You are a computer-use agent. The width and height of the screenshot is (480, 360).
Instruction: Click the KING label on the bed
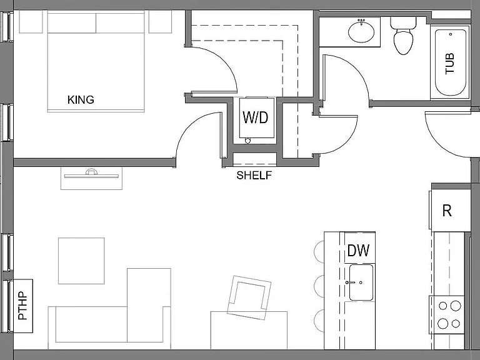click(81, 100)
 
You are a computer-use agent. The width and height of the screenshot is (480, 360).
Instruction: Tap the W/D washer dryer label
click(255, 117)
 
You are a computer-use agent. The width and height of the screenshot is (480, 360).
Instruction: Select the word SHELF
click(254, 176)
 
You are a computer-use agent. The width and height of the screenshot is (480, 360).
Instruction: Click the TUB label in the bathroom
click(450, 64)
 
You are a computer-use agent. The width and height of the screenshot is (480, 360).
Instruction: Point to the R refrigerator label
click(447, 211)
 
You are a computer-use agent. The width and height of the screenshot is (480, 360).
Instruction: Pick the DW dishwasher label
click(359, 251)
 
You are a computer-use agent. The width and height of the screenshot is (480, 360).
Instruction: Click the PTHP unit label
click(22, 306)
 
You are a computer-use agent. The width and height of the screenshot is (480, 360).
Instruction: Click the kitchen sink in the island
click(361, 282)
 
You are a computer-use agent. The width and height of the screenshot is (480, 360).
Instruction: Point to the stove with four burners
click(447, 315)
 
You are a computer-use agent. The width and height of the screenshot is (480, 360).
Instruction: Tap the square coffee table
click(81, 261)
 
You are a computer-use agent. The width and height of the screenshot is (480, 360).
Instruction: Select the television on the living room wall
click(91, 174)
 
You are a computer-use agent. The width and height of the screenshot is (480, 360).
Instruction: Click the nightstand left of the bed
click(31, 22)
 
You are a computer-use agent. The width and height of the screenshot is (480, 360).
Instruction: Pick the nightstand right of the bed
click(160, 22)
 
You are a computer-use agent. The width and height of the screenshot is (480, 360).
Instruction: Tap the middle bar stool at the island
click(319, 286)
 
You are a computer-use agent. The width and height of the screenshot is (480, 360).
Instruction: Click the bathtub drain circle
click(451, 34)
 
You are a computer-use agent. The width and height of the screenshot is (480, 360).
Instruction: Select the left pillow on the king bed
click(72, 23)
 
